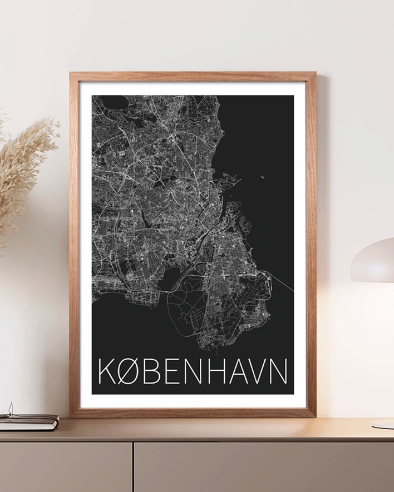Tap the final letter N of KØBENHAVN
point(279,371)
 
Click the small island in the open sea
point(262,178)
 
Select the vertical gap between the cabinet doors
point(133,467)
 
